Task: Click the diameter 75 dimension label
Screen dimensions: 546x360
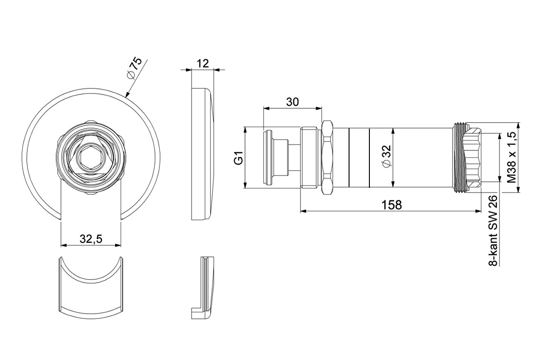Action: tap(135, 68)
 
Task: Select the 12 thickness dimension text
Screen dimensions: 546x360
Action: tap(202, 63)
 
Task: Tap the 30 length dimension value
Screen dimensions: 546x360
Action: tap(293, 102)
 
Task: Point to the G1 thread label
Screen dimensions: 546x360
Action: tap(239, 158)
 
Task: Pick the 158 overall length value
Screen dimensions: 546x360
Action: tap(392, 205)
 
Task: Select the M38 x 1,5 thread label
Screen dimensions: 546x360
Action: tap(511, 157)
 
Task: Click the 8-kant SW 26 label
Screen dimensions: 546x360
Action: tap(493, 231)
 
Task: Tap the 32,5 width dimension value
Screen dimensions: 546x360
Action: tap(91, 239)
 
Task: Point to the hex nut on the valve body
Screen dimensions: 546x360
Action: tap(327, 157)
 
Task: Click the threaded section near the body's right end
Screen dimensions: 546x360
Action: tap(459, 157)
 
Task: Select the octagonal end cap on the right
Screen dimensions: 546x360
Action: tap(472, 157)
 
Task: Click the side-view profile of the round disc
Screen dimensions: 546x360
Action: tap(202, 154)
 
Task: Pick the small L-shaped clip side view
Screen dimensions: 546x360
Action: tap(204, 287)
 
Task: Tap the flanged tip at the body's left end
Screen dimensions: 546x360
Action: tap(268, 157)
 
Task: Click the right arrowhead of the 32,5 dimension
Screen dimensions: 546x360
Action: tap(118, 245)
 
